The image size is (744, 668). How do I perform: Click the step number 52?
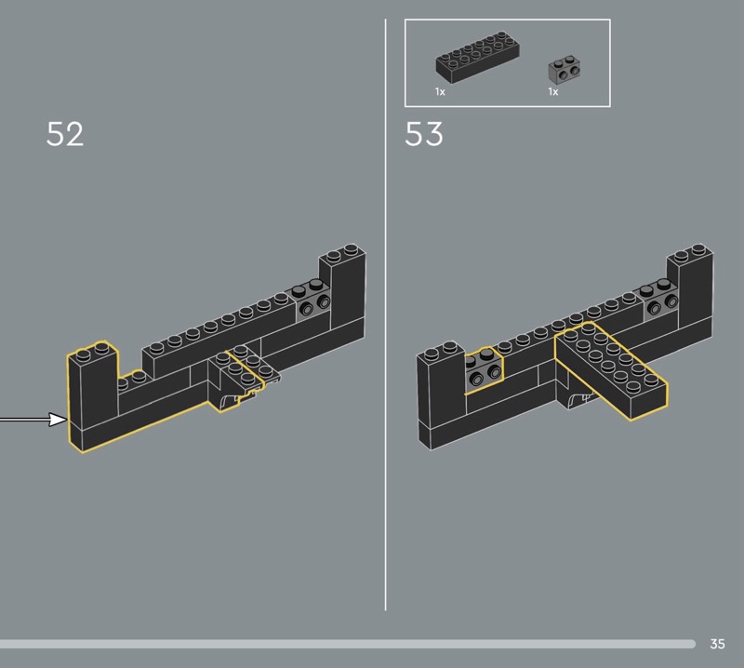[x=65, y=134]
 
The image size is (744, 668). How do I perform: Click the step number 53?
[x=424, y=134]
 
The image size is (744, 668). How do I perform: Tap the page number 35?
[x=717, y=644]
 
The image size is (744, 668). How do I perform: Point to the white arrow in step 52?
[x=33, y=420]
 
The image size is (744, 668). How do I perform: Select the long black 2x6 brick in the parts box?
[x=477, y=58]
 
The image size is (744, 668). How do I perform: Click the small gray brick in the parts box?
[x=565, y=70]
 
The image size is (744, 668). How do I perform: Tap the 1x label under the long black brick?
[x=440, y=91]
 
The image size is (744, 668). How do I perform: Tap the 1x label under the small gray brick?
[x=553, y=91]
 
